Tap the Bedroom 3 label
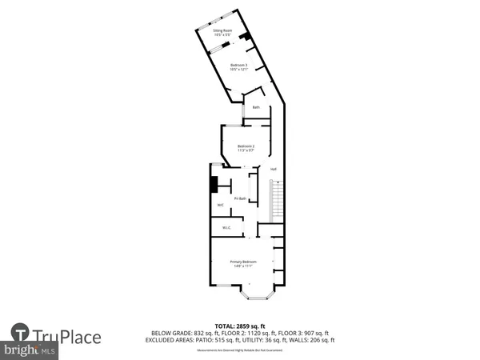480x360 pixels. (239, 65)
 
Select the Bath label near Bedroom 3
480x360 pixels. (256, 107)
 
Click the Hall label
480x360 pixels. (273, 169)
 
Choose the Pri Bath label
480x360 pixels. (239, 198)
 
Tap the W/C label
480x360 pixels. (220, 206)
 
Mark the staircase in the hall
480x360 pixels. (277, 199)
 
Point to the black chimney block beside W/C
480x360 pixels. (214, 185)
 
